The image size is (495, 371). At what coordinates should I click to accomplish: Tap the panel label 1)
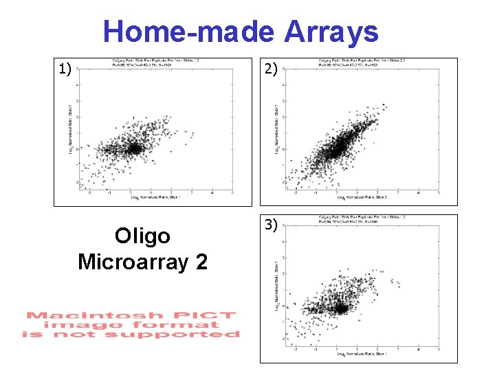coord(65,68)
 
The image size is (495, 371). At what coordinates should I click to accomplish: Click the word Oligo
coord(142,236)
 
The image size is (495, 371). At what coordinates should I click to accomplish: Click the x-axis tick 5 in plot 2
coord(439,193)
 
